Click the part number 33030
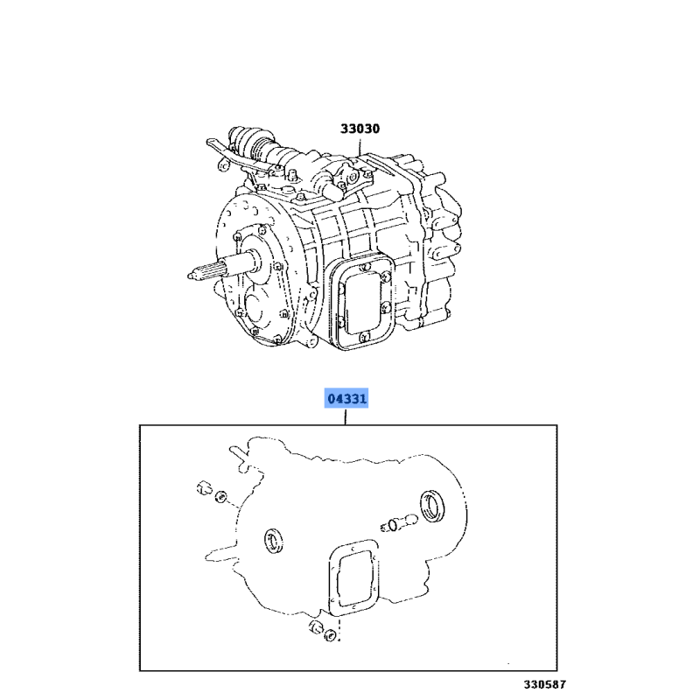point(360,129)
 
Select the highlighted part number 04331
point(346,398)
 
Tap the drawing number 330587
point(544,684)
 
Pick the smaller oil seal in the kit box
point(273,541)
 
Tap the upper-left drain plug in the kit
point(204,488)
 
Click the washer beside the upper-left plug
point(220,496)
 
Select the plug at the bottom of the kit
point(316,626)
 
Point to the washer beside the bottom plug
point(331,634)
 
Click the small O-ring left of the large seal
point(393,525)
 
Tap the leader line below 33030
point(360,148)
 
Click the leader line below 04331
point(345,417)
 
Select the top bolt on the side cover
point(366,267)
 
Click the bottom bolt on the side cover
point(363,337)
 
